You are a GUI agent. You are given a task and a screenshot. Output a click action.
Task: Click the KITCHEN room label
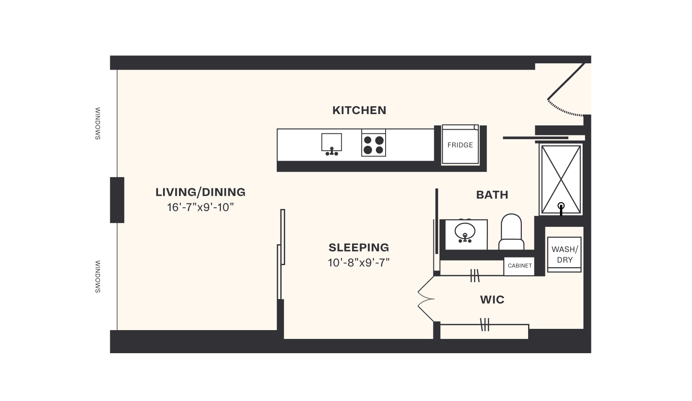pyautogui.click(x=359, y=110)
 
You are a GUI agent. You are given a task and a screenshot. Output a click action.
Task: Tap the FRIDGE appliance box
pyautogui.click(x=460, y=145)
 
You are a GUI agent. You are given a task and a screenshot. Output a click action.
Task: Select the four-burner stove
pyautogui.click(x=373, y=144)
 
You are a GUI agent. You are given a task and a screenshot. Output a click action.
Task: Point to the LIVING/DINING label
pyautogui.click(x=200, y=192)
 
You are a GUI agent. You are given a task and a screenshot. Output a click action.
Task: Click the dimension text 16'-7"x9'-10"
pyautogui.click(x=200, y=207)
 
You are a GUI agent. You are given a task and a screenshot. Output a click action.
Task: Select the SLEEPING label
pyautogui.click(x=359, y=247)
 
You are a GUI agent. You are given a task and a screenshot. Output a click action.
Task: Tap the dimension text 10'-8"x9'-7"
pyautogui.click(x=359, y=263)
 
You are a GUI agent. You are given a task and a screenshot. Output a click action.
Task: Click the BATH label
pyautogui.click(x=492, y=195)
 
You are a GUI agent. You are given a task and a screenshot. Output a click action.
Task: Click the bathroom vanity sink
pyautogui.click(x=465, y=231)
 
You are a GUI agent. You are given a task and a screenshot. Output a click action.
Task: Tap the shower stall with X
pyautogui.click(x=561, y=179)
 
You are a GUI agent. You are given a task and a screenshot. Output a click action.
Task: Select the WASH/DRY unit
pyautogui.click(x=564, y=255)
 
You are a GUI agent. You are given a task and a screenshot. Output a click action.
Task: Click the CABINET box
pyautogui.click(x=519, y=266)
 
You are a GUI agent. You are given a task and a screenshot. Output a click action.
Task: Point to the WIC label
pyautogui.click(x=492, y=300)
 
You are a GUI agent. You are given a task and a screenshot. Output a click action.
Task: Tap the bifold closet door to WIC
pyautogui.click(x=425, y=299)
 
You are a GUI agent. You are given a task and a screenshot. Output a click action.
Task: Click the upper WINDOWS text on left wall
pyautogui.click(x=98, y=124)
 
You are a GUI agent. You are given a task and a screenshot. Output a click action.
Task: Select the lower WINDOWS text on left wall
pyautogui.click(x=98, y=276)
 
